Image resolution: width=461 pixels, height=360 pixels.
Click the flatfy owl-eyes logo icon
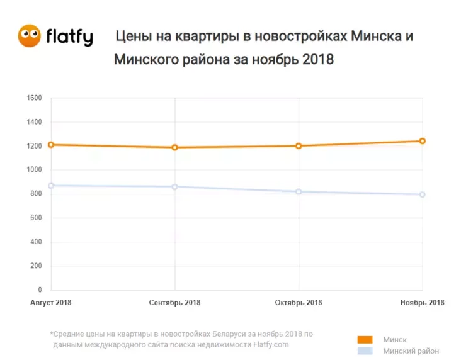coord(30,36)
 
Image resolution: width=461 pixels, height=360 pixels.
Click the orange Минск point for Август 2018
coord(51,145)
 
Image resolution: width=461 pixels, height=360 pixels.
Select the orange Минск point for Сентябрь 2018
coord(175,148)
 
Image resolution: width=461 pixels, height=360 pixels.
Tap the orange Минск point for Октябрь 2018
coord(299,146)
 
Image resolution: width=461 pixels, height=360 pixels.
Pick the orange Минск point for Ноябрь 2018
coord(423,141)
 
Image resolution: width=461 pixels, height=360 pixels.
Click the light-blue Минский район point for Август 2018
coord(51,186)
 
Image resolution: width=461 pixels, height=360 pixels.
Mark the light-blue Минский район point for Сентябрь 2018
coord(175,187)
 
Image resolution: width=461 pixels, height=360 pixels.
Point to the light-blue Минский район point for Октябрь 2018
coord(299,191)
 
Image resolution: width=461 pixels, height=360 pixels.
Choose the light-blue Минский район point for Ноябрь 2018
coord(423,194)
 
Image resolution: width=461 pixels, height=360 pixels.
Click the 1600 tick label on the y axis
coord(34,98)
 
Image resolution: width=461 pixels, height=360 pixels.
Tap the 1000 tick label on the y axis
coord(34,170)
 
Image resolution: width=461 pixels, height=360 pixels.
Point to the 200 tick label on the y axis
coord(36,266)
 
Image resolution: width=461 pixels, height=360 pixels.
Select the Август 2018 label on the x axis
coord(51,303)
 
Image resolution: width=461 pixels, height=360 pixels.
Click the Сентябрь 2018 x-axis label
coord(175,303)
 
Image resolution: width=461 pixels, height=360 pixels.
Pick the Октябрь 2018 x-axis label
coord(299,303)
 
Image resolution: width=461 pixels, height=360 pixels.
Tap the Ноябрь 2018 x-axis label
coord(423,303)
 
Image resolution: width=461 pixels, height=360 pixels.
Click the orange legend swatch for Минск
coord(365,340)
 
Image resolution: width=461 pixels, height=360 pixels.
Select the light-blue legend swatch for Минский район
coord(365,351)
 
